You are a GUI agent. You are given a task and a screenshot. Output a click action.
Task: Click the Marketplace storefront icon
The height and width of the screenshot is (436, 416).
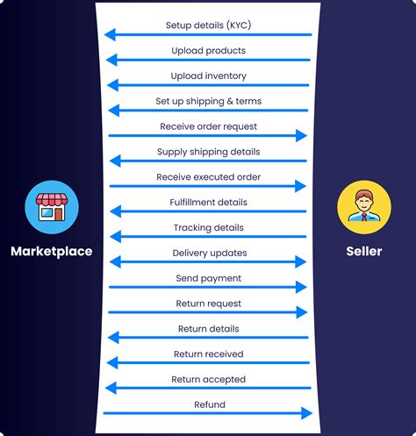pyautogui.click(x=52, y=207)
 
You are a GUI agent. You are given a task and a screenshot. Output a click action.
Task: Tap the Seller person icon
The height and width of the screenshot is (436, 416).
pyautogui.click(x=363, y=207)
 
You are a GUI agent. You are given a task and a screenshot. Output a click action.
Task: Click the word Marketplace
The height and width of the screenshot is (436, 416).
pyautogui.click(x=51, y=252)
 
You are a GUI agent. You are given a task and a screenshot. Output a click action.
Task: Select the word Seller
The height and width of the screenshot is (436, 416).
pyautogui.click(x=364, y=252)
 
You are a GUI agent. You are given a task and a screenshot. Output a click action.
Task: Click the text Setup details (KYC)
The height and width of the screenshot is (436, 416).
pyautogui.click(x=208, y=25)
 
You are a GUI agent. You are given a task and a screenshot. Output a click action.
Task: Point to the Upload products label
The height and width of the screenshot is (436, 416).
pyautogui.click(x=208, y=50)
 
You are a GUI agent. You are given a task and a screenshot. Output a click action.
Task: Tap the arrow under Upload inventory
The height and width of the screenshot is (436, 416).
pyautogui.click(x=208, y=85)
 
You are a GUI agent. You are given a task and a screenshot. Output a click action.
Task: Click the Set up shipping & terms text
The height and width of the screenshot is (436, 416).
pyautogui.click(x=208, y=101)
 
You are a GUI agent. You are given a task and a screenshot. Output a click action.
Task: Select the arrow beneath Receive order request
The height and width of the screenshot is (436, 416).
pyautogui.click(x=208, y=136)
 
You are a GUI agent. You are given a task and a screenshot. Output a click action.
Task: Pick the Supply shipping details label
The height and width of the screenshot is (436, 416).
pyautogui.click(x=208, y=152)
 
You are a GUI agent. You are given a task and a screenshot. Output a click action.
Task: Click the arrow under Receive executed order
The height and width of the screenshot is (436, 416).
pyautogui.click(x=208, y=186)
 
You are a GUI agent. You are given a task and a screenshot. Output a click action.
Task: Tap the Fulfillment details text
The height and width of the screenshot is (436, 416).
pyautogui.click(x=208, y=203)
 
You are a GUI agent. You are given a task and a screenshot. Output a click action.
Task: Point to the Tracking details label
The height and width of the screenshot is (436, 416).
pyautogui.click(x=208, y=228)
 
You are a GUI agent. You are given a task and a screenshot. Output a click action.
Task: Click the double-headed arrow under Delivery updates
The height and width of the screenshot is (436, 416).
pyautogui.click(x=208, y=261)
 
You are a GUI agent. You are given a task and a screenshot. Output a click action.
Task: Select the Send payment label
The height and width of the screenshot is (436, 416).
pyautogui.click(x=208, y=278)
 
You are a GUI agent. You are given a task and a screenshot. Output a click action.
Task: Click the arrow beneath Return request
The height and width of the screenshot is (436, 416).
pyautogui.click(x=208, y=312)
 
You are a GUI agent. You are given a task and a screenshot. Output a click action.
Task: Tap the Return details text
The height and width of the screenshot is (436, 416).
pyautogui.click(x=208, y=329)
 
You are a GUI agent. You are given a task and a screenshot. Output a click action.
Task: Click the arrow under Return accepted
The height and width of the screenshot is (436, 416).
pyautogui.click(x=208, y=389)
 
